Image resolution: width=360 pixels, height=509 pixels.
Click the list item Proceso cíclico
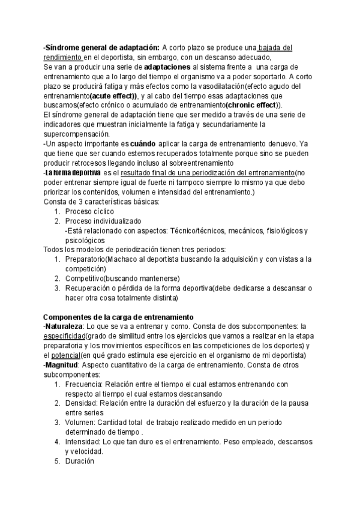(x=89, y=211)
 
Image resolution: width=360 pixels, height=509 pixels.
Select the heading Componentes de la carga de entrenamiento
(x=118, y=317)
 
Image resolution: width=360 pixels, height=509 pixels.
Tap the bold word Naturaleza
(x=67, y=327)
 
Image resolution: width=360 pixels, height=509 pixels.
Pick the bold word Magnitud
(x=62, y=365)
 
